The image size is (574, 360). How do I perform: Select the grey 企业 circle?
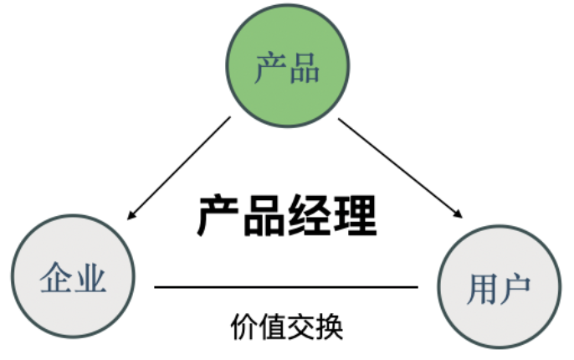tap(74, 276)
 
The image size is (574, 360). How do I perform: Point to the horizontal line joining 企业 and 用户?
tap(285, 287)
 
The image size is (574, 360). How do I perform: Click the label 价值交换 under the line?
tap(286, 326)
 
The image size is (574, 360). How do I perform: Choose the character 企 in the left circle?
tap(56, 277)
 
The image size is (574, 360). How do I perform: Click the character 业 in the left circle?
tap(91, 277)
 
